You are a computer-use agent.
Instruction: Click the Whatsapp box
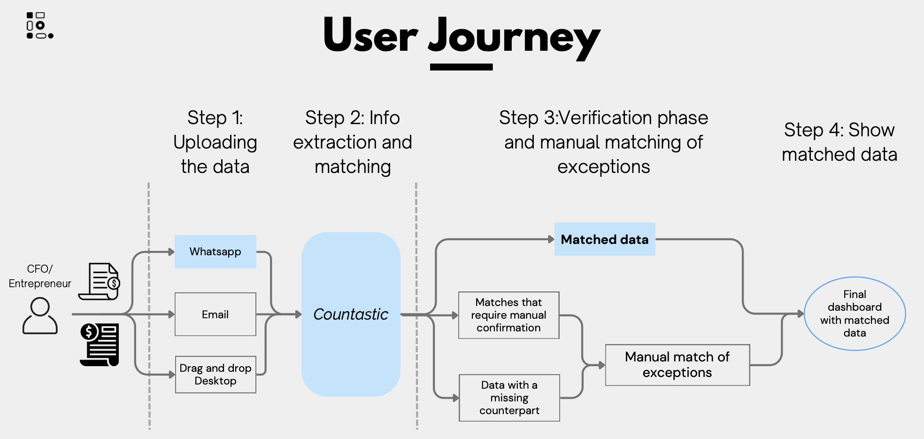[x=216, y=251]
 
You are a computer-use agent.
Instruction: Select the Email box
[x=216, y=314]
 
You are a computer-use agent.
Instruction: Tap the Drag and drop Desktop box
[x=216, y=375]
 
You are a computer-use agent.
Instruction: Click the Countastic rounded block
[x=351, y=314]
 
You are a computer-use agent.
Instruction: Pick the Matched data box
[x=605, y=239]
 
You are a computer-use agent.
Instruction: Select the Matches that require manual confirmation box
[x=509, y=315]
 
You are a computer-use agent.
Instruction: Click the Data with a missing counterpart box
[x=509, y=398]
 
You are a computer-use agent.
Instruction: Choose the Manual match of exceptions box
[x=678, y=365]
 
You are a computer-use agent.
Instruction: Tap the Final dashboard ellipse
[x=855, y=314]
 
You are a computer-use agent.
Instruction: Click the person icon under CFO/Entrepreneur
[x=40, y=316]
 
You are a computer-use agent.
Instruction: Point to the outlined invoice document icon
[x=99, y=282]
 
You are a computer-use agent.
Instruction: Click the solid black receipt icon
[x=100, y=345]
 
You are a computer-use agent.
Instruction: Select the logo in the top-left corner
[x=40, y=25]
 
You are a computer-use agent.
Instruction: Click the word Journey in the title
[x=514, y=37]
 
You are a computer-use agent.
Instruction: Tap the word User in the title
[x=370, y=35]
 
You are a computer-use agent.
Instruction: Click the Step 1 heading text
[x=215, y=142]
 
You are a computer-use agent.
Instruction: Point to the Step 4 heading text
[x=839, y=142]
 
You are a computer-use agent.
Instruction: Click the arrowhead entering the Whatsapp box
[x=171, y=252]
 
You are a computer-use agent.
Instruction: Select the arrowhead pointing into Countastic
[x=298, y=314]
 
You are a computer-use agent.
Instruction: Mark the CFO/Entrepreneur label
[x=40, y=276]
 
